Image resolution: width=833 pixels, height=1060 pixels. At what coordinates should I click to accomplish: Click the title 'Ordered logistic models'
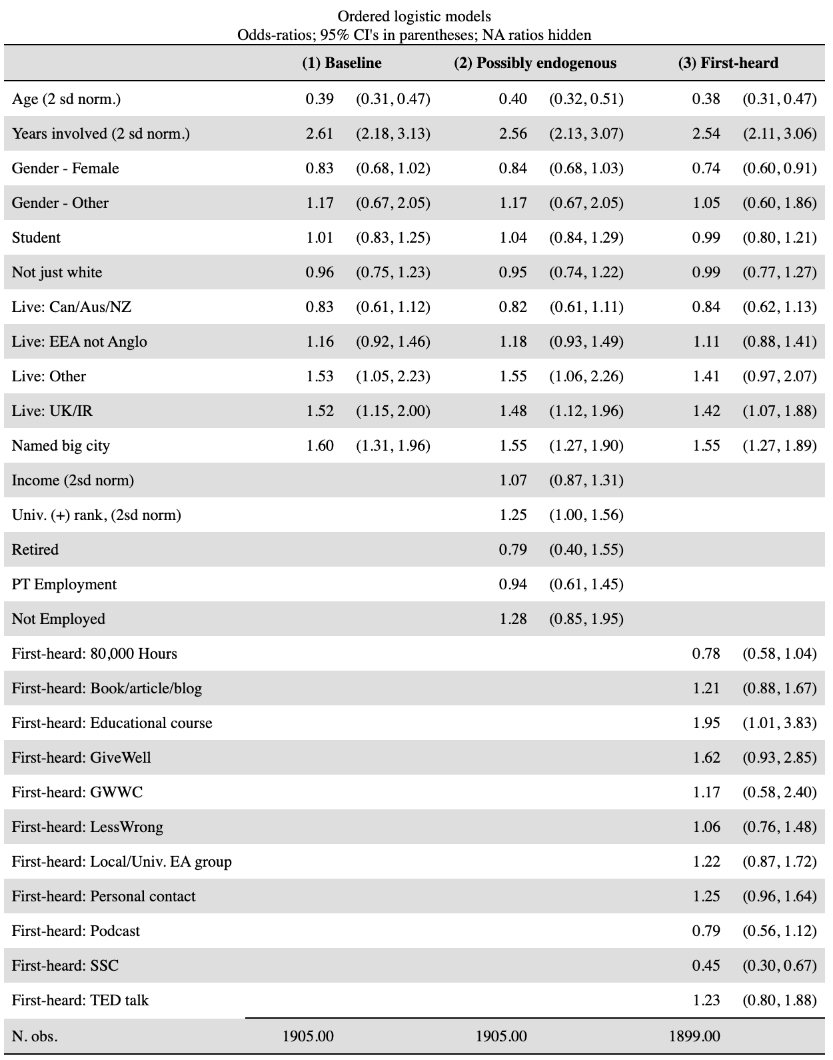pos(414,16)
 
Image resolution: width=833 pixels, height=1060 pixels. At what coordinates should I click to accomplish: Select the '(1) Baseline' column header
pos(342,63)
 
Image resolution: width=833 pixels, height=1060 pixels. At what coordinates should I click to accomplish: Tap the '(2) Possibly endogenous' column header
pos(535,63)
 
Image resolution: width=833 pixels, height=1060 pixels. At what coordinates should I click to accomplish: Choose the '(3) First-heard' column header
pos(728,63)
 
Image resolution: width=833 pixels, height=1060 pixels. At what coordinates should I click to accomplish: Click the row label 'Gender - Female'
pos(65,169)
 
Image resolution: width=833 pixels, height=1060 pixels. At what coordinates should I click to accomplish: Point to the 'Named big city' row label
pos(61,446)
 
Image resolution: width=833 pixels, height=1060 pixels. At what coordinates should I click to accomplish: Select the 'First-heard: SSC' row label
pos(65,966)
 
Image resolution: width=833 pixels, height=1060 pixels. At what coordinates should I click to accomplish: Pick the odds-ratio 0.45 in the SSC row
pos(706,966)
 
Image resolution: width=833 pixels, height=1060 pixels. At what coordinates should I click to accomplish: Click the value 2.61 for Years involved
pos(319,134)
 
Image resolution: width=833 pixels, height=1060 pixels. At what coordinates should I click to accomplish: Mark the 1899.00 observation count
pos(694,1037)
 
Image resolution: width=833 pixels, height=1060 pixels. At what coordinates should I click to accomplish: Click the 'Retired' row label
pos(35,550)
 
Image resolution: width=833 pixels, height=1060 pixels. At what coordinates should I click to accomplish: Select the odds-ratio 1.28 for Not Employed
pos(512,619)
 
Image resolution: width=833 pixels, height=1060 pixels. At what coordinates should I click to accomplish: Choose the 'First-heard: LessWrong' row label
pos(87,827)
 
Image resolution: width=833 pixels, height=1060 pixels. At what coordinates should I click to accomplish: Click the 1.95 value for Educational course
pos(706,723)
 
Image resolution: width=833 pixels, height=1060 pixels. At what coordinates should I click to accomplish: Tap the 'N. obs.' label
pos(35,1037)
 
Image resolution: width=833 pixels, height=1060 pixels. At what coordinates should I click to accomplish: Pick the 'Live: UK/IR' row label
pos(52,411)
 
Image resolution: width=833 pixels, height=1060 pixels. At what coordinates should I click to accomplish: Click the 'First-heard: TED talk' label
pos(81,1001)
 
